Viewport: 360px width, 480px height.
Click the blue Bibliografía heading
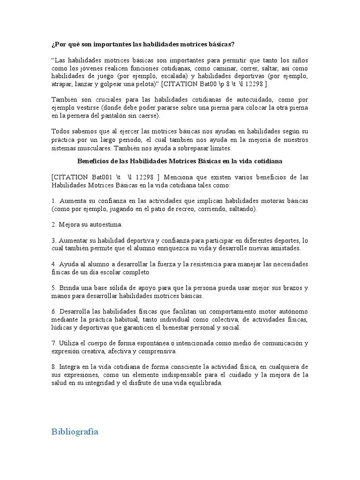pyautogui.click(x=75, y=432)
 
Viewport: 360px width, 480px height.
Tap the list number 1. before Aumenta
pyautogui.click(x=54, y=201)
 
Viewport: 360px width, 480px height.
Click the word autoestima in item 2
pyautogui.click(x=104, y=225)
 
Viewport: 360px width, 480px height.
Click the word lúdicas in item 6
pyautogui.click(x=61, y=327)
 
